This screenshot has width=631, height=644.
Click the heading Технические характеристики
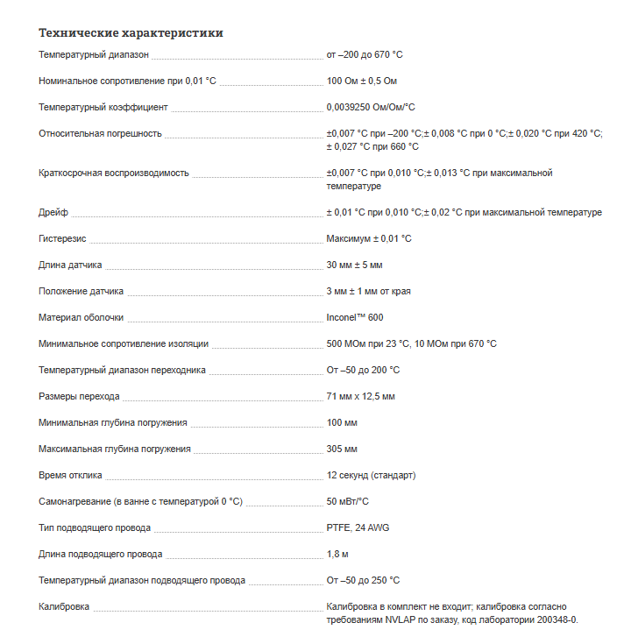click(x=131, y=33)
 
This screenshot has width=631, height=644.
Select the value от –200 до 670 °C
click(x=365, y=54)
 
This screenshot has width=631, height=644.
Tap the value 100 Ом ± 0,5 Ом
click(x=362, y=81)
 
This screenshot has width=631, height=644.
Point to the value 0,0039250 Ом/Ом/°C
click(x=371, y=107)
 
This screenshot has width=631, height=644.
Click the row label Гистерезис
click(x=62, y=238)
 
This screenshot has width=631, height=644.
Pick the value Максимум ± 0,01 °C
click(x=369, y=238)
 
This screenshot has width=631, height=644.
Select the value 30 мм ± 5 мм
click(x=354, y=265)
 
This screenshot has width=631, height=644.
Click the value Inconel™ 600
click(x=355, y=317)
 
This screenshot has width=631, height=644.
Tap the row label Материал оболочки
click(x=82, y=317)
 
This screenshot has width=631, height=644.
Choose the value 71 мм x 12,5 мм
click(x=360, y=396)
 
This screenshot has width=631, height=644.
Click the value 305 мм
click(x=342, y=449)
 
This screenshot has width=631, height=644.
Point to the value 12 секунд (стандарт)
click(x=371, y=475)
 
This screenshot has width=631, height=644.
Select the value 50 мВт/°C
click(x=347, y=501)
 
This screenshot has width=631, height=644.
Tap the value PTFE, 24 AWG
click(x=357, y=527)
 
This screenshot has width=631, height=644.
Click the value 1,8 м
click(x=337, y=554)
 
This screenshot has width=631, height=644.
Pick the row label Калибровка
click(x=64, y=606)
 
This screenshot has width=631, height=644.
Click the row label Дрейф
click(x=53, y=212)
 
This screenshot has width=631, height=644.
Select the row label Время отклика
click(x=70, y=475)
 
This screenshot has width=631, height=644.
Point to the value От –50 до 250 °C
click(x=363, y=580)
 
